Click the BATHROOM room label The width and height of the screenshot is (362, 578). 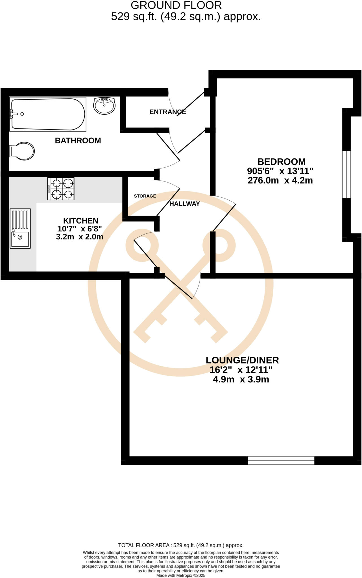(x=78, y=141)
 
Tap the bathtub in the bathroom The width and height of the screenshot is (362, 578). (x=47, y=114)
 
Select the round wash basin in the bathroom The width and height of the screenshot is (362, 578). (x=104, y=106)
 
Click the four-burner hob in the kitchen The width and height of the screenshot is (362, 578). (x=61, y=189)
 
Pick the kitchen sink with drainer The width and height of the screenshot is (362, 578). (x=20, y=228)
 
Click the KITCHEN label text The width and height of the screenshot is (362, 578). (x=81, y=221)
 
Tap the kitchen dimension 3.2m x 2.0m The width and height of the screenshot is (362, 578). (x=80, y=237)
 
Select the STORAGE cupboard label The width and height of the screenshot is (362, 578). (x=145, y=196)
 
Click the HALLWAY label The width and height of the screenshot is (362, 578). (x=185, y=204)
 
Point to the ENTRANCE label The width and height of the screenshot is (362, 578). (x=168, y=112)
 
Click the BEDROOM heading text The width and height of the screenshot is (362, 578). (x=282, y=162)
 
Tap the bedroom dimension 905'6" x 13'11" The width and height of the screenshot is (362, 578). (x=280, y=171)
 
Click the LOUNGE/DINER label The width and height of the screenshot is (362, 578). (x=242, y=360)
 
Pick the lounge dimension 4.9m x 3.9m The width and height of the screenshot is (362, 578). (x=241, y=379)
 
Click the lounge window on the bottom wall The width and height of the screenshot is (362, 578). (x=281, y=460)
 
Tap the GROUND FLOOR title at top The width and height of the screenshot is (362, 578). (x=176, y=5)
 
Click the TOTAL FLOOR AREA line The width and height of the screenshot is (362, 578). (x=181, y=545)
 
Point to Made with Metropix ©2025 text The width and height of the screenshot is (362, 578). (x=181, y=575)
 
